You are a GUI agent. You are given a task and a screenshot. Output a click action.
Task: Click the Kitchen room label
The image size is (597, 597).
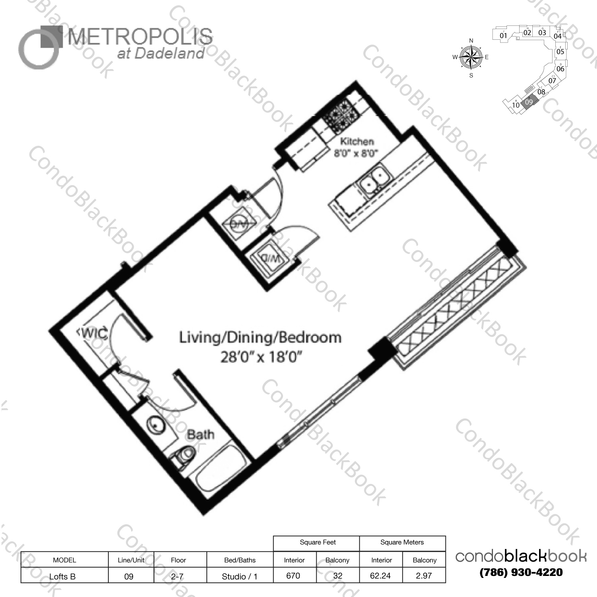356,141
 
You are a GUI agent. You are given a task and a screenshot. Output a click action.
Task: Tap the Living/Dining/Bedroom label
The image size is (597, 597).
260,337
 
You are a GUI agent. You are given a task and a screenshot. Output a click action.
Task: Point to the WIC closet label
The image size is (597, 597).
93,333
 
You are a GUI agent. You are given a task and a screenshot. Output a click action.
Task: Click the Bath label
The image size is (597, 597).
200,434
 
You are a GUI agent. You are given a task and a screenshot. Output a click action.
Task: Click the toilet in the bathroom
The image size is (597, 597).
185,455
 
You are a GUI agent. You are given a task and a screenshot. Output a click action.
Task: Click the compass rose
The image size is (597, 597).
471,57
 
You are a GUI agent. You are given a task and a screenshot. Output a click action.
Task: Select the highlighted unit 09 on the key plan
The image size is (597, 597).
529,102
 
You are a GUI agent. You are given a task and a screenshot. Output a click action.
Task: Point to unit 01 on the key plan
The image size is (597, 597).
503,35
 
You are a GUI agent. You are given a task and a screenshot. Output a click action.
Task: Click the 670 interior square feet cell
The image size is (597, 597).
293,576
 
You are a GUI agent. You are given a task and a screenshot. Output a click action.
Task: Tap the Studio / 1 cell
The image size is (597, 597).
239,576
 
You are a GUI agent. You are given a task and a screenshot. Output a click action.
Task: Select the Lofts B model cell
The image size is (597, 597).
62,576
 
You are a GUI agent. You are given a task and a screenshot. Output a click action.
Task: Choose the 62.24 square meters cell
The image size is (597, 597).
380,576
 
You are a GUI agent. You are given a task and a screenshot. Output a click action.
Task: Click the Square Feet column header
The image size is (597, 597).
318,542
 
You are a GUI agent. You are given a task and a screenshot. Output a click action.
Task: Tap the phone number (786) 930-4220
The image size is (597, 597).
521,572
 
